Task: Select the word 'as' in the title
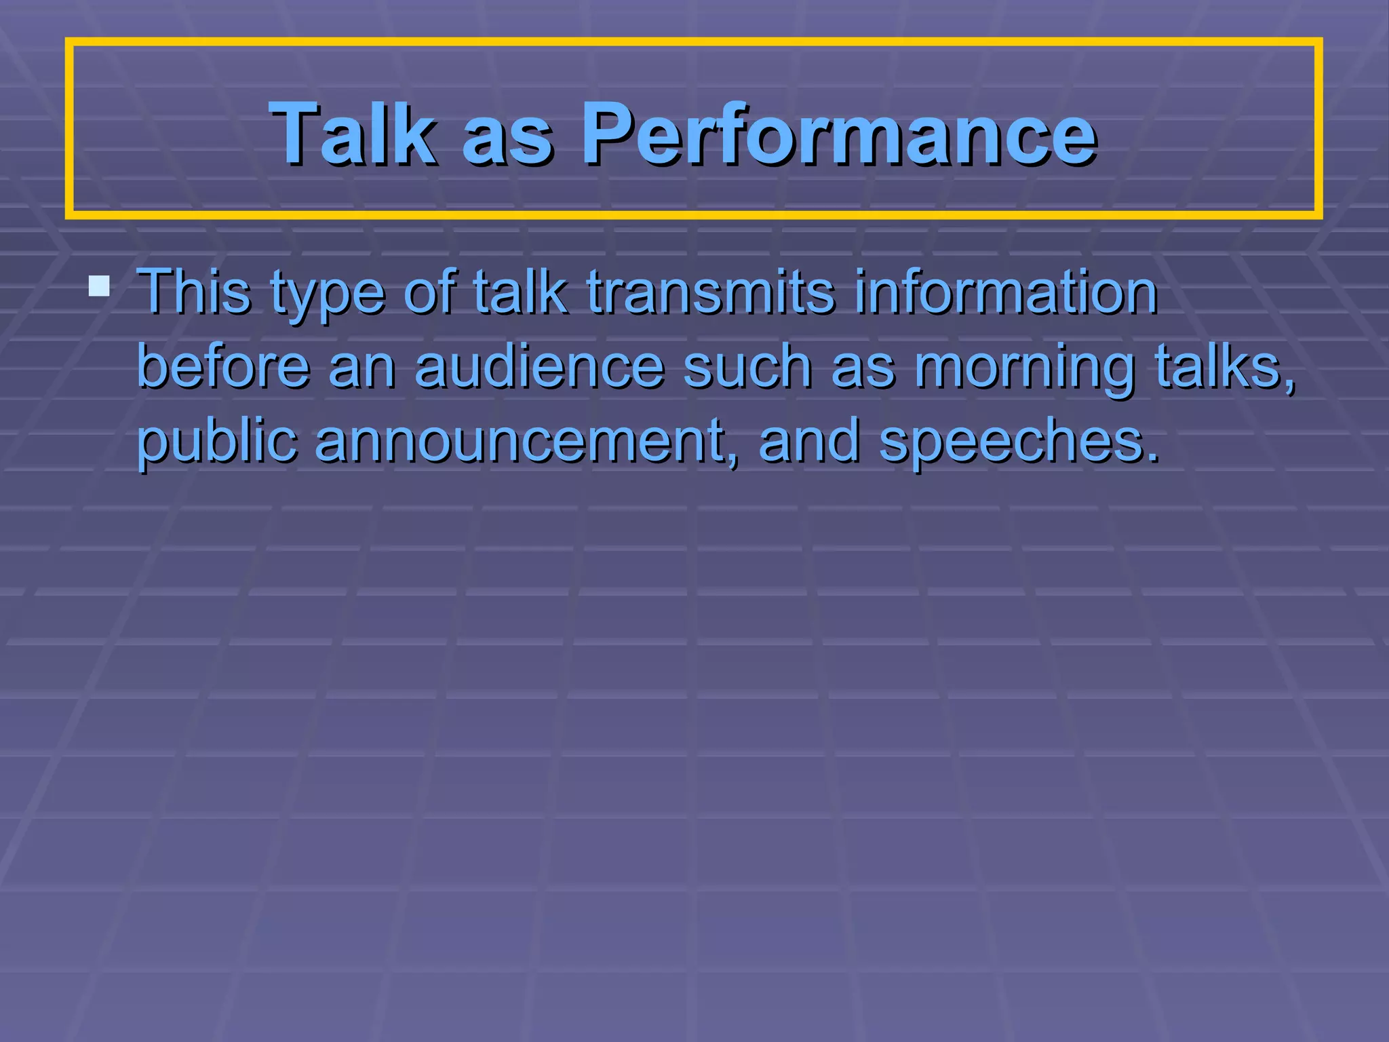pos(507,138)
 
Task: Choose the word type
pos(328,296)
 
